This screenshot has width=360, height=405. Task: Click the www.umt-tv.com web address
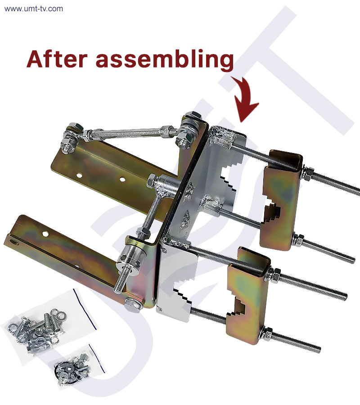coord(34,9)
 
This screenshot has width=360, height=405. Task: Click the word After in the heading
coord(57,59)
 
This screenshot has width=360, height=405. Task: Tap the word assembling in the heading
coord(165,60)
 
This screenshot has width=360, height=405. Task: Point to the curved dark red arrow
coord(244,98)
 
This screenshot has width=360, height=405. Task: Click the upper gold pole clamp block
coord(282,199)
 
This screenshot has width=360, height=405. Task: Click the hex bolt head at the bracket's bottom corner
coord(133,305)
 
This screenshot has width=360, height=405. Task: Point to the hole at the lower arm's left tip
coord(13,242)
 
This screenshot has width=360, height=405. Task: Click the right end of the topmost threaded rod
coord(359,192)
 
